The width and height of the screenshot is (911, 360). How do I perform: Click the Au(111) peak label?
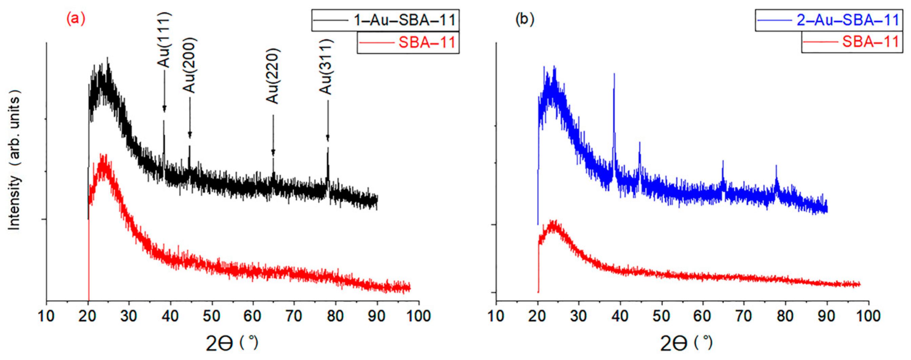164,40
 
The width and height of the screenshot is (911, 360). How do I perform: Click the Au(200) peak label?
190,65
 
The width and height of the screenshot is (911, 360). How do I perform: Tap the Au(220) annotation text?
273,76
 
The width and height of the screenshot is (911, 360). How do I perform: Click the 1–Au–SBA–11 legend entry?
385,20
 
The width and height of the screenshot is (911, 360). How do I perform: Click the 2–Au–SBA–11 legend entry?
829,20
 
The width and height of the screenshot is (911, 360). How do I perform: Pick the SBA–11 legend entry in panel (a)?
408,43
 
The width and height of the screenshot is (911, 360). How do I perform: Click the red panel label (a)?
76,19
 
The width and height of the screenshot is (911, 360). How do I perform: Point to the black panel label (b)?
525,19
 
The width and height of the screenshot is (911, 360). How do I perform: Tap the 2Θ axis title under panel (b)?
686,343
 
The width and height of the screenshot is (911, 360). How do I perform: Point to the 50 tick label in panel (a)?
212,316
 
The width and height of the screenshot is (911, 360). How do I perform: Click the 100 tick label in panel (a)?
419,316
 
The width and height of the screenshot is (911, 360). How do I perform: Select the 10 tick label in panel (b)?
496,316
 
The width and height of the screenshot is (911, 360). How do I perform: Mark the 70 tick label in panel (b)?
744,316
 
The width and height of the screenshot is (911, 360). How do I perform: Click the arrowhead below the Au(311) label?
328,138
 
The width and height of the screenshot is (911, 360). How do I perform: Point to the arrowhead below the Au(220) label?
273,153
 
